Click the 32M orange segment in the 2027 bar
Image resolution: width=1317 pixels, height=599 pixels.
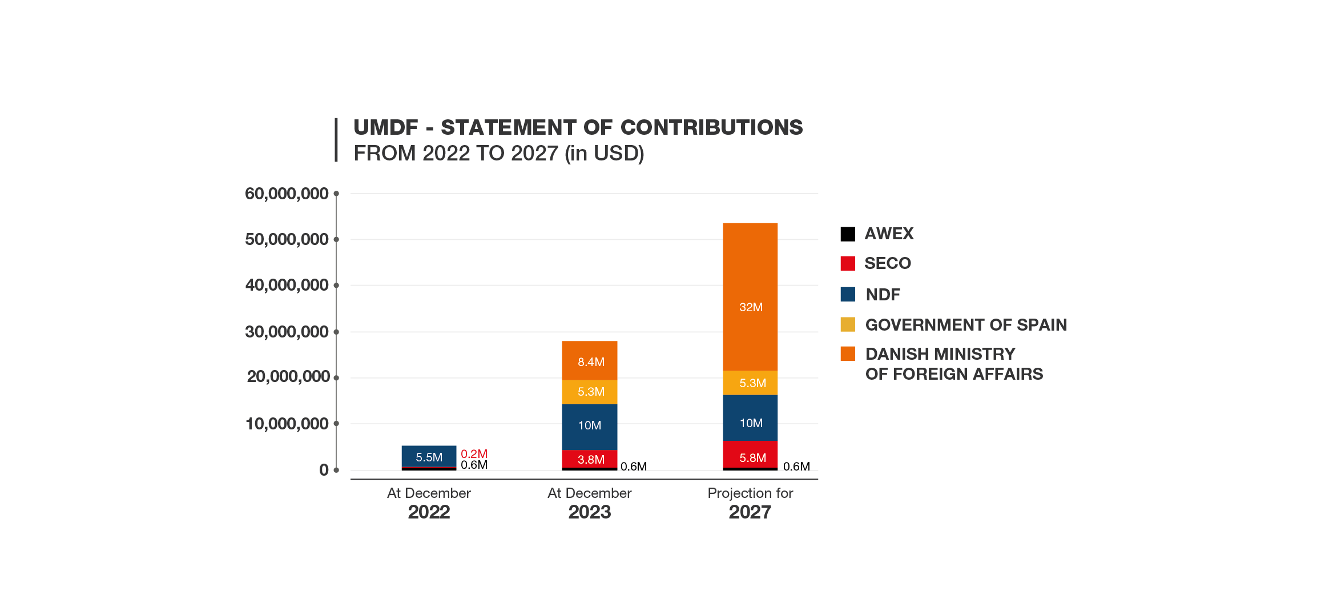tap(750, 297)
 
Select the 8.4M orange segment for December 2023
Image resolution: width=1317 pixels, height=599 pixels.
tap(590, 360)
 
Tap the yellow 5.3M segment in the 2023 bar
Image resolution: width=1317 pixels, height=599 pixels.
tap(590, 392)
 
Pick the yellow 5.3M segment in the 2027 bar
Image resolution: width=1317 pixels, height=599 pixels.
tap(750, 383)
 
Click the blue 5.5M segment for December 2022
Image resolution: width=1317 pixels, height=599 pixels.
tap(429, 456)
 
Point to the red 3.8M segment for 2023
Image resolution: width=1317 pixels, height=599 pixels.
tap(590, 459)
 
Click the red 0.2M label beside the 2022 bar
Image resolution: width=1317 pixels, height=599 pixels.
tap(474, 454)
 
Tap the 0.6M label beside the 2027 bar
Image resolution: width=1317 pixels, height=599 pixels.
tap(796, 467)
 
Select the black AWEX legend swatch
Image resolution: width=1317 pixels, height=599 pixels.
tap(847, 234)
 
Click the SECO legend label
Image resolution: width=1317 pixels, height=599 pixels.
tap(888, 263)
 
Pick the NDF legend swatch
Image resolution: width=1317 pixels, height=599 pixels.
tap(847, 294)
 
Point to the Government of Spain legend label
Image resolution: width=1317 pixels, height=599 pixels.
tap(966, 325)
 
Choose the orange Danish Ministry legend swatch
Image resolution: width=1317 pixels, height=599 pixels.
tap(847, 353)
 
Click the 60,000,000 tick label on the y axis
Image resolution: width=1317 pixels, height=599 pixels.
tap(287, 194)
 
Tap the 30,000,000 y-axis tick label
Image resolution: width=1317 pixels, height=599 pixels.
tap(287, 332)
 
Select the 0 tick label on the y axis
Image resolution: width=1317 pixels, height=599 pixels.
tap(324, 470)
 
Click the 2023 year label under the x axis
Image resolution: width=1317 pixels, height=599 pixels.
tap(590, 512)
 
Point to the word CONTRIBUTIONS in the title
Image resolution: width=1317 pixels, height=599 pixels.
tap(711, 127)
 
